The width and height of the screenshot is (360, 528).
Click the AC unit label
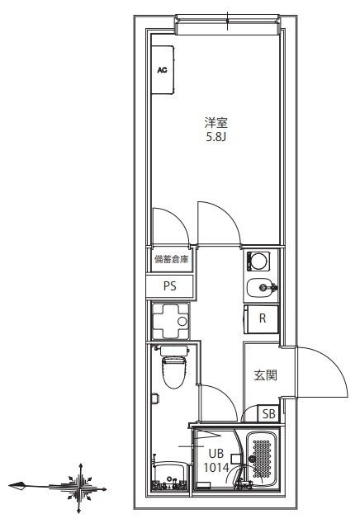click(x=163, y=70)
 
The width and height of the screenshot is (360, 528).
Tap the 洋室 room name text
click(x=216, y=122)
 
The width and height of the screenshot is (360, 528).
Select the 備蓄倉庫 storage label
click(x=171, y=260)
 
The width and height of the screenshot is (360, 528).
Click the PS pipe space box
click(x=170, y=286)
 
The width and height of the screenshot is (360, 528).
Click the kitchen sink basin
click(x=261, y=288)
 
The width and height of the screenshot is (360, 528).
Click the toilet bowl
click(x=173, y=372)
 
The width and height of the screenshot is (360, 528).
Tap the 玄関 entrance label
click(x=263, y=375)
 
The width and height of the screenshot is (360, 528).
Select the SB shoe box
click(x=268, y=414)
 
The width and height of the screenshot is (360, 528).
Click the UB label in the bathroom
click(x=216, y=453)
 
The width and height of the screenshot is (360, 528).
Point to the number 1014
click(x=216, y=466)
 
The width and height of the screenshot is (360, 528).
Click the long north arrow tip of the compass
click(x=12, y=484)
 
